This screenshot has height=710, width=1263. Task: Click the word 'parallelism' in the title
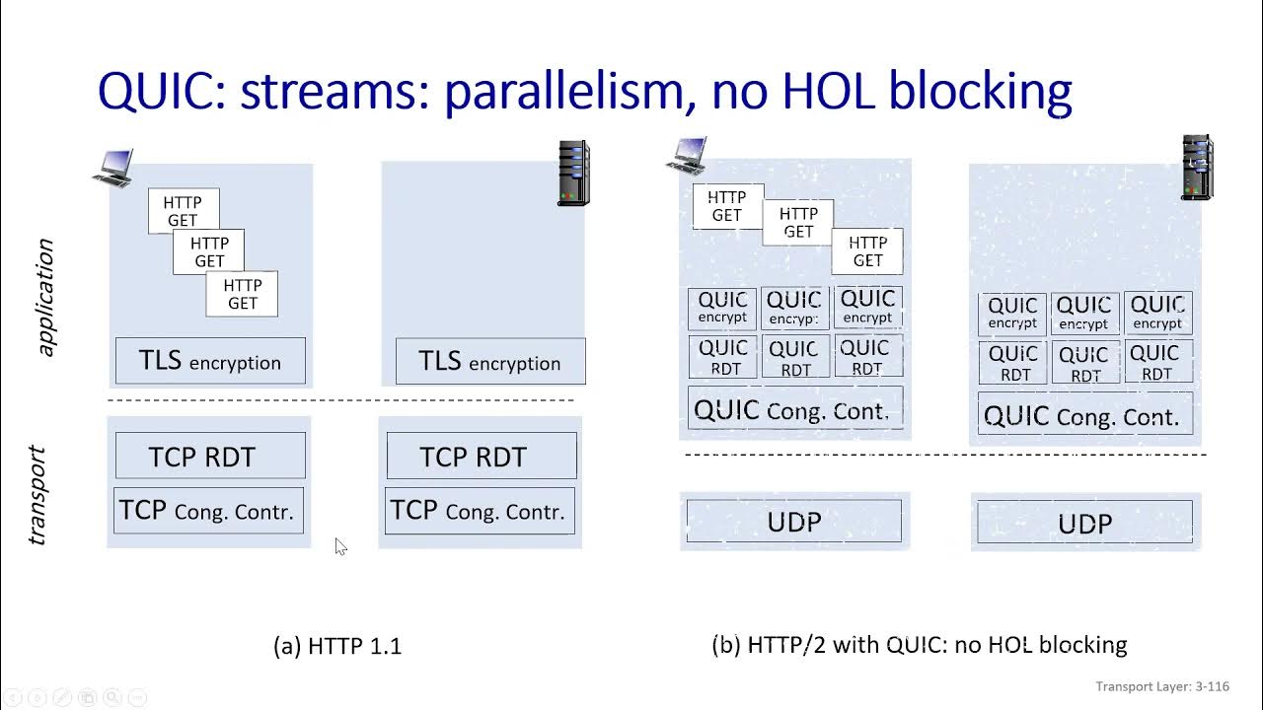pyautogui.click(x=562, y=92)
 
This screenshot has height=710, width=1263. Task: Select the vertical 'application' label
pyautogui.click(x=44, y=297)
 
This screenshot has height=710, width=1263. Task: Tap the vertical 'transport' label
pyautogui.click(x=37, y=495)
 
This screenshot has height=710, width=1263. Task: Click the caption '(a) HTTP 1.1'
pyautogui.click(x=337, y=646)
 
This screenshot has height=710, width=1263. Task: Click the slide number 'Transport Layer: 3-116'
pyautogui.click(x=1161, y=686)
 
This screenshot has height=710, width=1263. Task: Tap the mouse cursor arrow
pyautogui.click(x=339, y=546)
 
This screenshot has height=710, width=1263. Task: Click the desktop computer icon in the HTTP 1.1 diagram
pyautogui.click(x=112, y=169)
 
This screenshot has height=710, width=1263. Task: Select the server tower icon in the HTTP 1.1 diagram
pyautogui.click(x=573, y=173)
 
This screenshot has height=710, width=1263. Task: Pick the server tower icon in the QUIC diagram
pyautogui.click(x=1197, y=168)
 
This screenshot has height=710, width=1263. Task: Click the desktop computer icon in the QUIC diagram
pyautogui.click(x=687, y=156)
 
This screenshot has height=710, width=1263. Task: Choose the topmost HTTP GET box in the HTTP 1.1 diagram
pyautogui.click(x=184, y=211)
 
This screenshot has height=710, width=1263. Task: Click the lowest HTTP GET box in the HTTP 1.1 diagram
pyautogui.click(x=242, y=294)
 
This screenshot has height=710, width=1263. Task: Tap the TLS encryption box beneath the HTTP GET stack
pyautogui.click(x=210, y=361)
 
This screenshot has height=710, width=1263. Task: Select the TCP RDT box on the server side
pyautogui.click(x=482, y=457)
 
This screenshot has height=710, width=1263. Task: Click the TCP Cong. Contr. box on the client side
pyautogui.click(x=208, y=511)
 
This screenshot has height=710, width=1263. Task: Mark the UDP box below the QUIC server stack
pyautogui.click(x=1084, y=523)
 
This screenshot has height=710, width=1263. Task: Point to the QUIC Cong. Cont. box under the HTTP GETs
pyautogui.click(x=794, y=409)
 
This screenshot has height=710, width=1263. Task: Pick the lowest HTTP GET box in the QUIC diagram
pyautogui.click(x=867, y=250)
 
